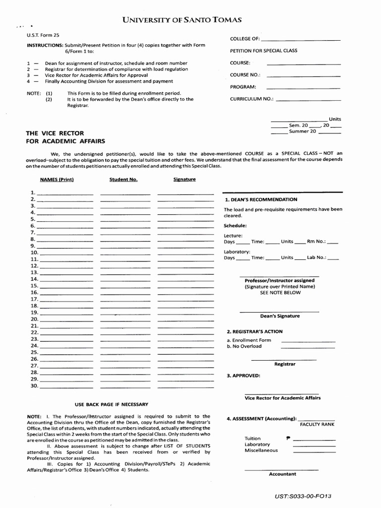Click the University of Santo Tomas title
182,20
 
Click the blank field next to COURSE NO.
304,75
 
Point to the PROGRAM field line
304,88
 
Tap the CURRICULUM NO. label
252,99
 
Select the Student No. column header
124,180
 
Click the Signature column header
185,180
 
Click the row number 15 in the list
34,286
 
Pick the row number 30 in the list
34,385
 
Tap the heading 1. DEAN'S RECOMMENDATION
261,199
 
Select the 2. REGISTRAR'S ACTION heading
254,331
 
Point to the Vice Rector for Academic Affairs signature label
283,398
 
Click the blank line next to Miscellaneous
314,451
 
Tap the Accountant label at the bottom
282,474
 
